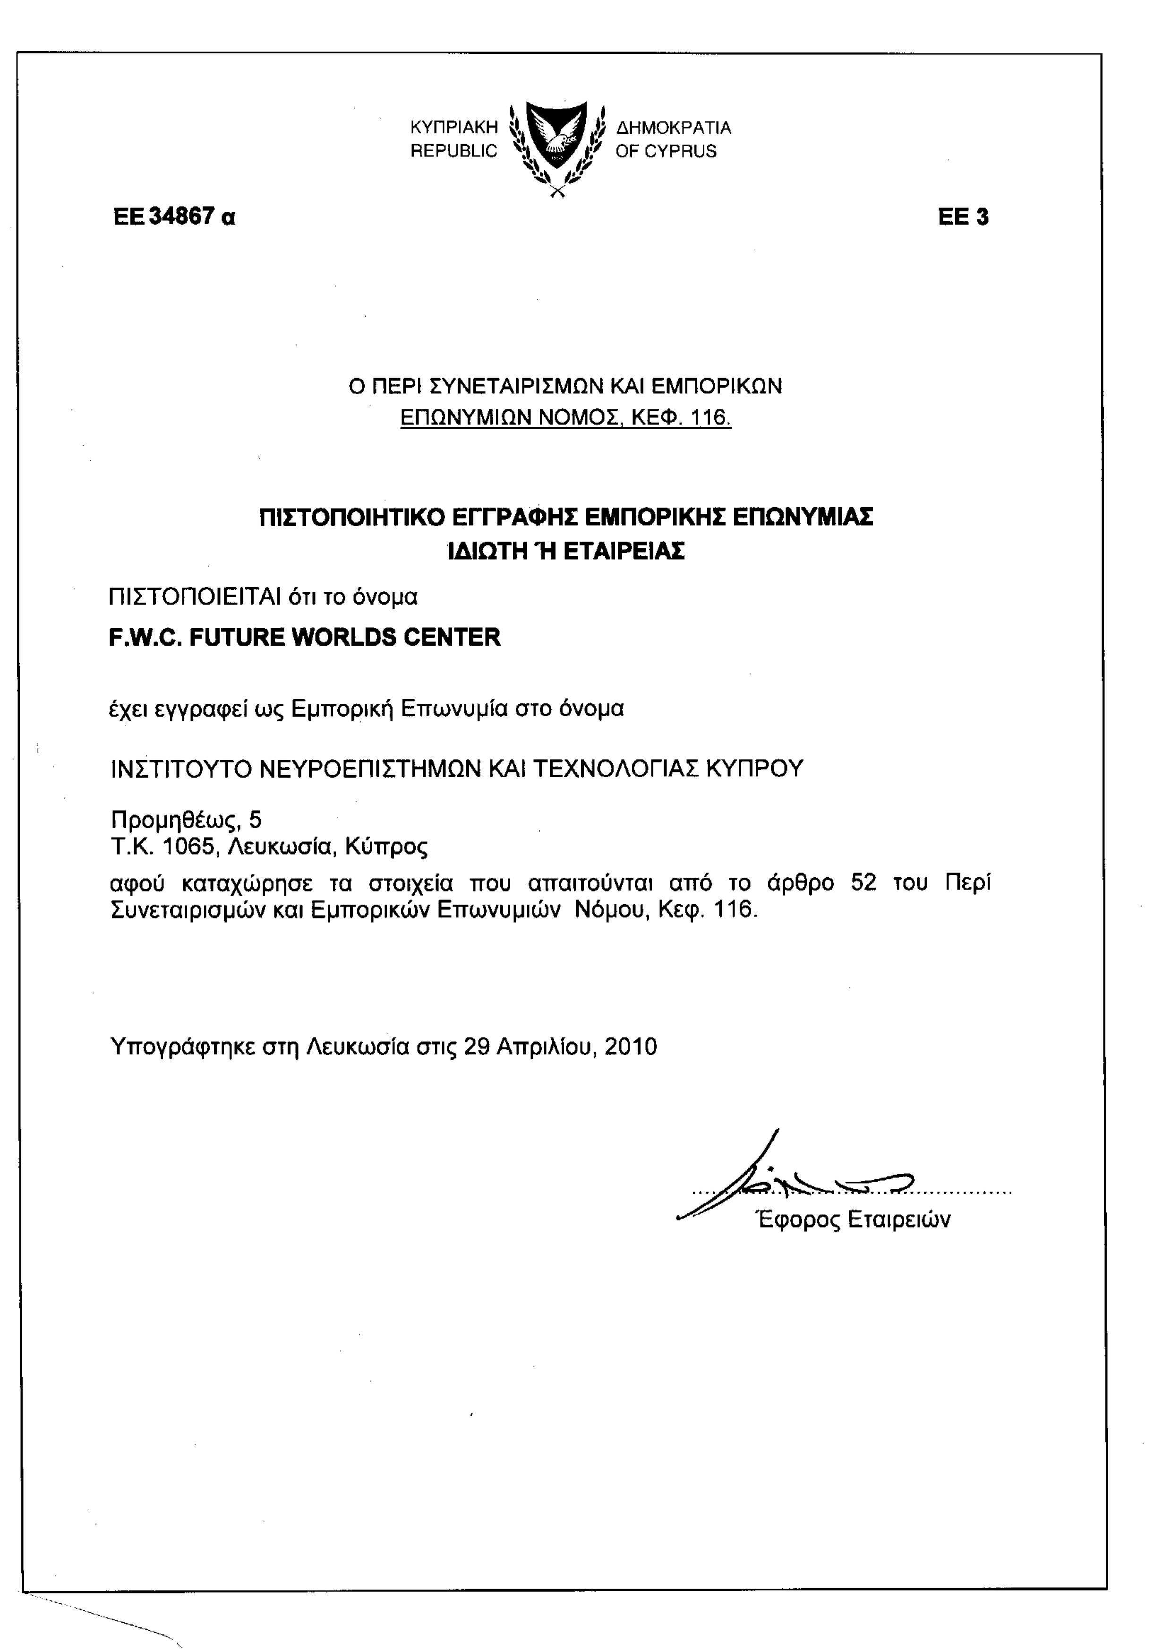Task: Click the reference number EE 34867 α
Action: coord(174,216)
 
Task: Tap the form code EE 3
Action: coord(963,217)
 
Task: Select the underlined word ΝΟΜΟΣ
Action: coord(581,418)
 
